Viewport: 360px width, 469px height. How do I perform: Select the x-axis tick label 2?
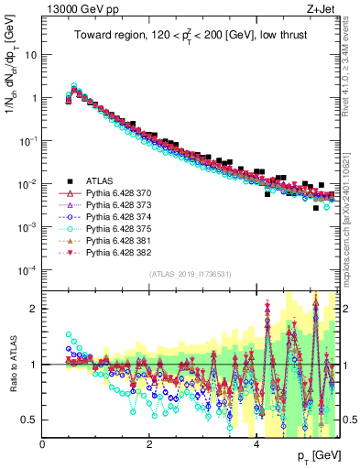149,444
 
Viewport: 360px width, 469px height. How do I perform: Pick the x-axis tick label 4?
256,444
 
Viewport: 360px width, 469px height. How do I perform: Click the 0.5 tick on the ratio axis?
30,420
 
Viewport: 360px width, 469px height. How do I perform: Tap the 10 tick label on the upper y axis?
30,54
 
